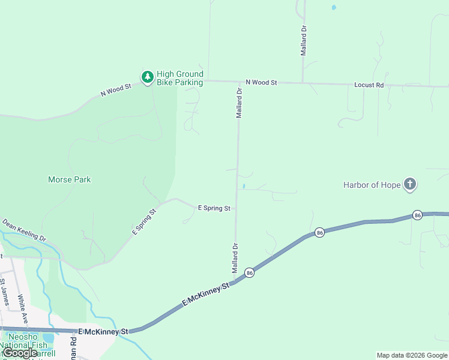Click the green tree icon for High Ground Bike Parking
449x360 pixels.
pos(147,77)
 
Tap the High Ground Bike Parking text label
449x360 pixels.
pos(179,78)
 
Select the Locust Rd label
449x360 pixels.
pos(369,85)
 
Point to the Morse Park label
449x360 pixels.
pos(69,179)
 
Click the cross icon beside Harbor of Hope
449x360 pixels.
pos(410,184)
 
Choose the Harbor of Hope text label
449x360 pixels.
pos(372,185)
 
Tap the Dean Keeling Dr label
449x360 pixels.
pos(24,230)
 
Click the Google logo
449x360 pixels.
pos(20,353)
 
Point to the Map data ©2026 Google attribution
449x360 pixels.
pos(412,355)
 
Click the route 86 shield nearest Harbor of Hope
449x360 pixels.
pos(417,215)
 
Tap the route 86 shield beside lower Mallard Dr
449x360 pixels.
pos(250,272)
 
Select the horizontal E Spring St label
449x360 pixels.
pos(214,208)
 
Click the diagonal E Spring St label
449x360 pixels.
pos(145,221)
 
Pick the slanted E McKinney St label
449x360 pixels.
pos(206,296)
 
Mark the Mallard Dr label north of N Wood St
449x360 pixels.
pos(304,40)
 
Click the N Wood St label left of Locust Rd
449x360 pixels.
pos(261,82)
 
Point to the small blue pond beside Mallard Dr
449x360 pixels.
pos(243,187)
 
